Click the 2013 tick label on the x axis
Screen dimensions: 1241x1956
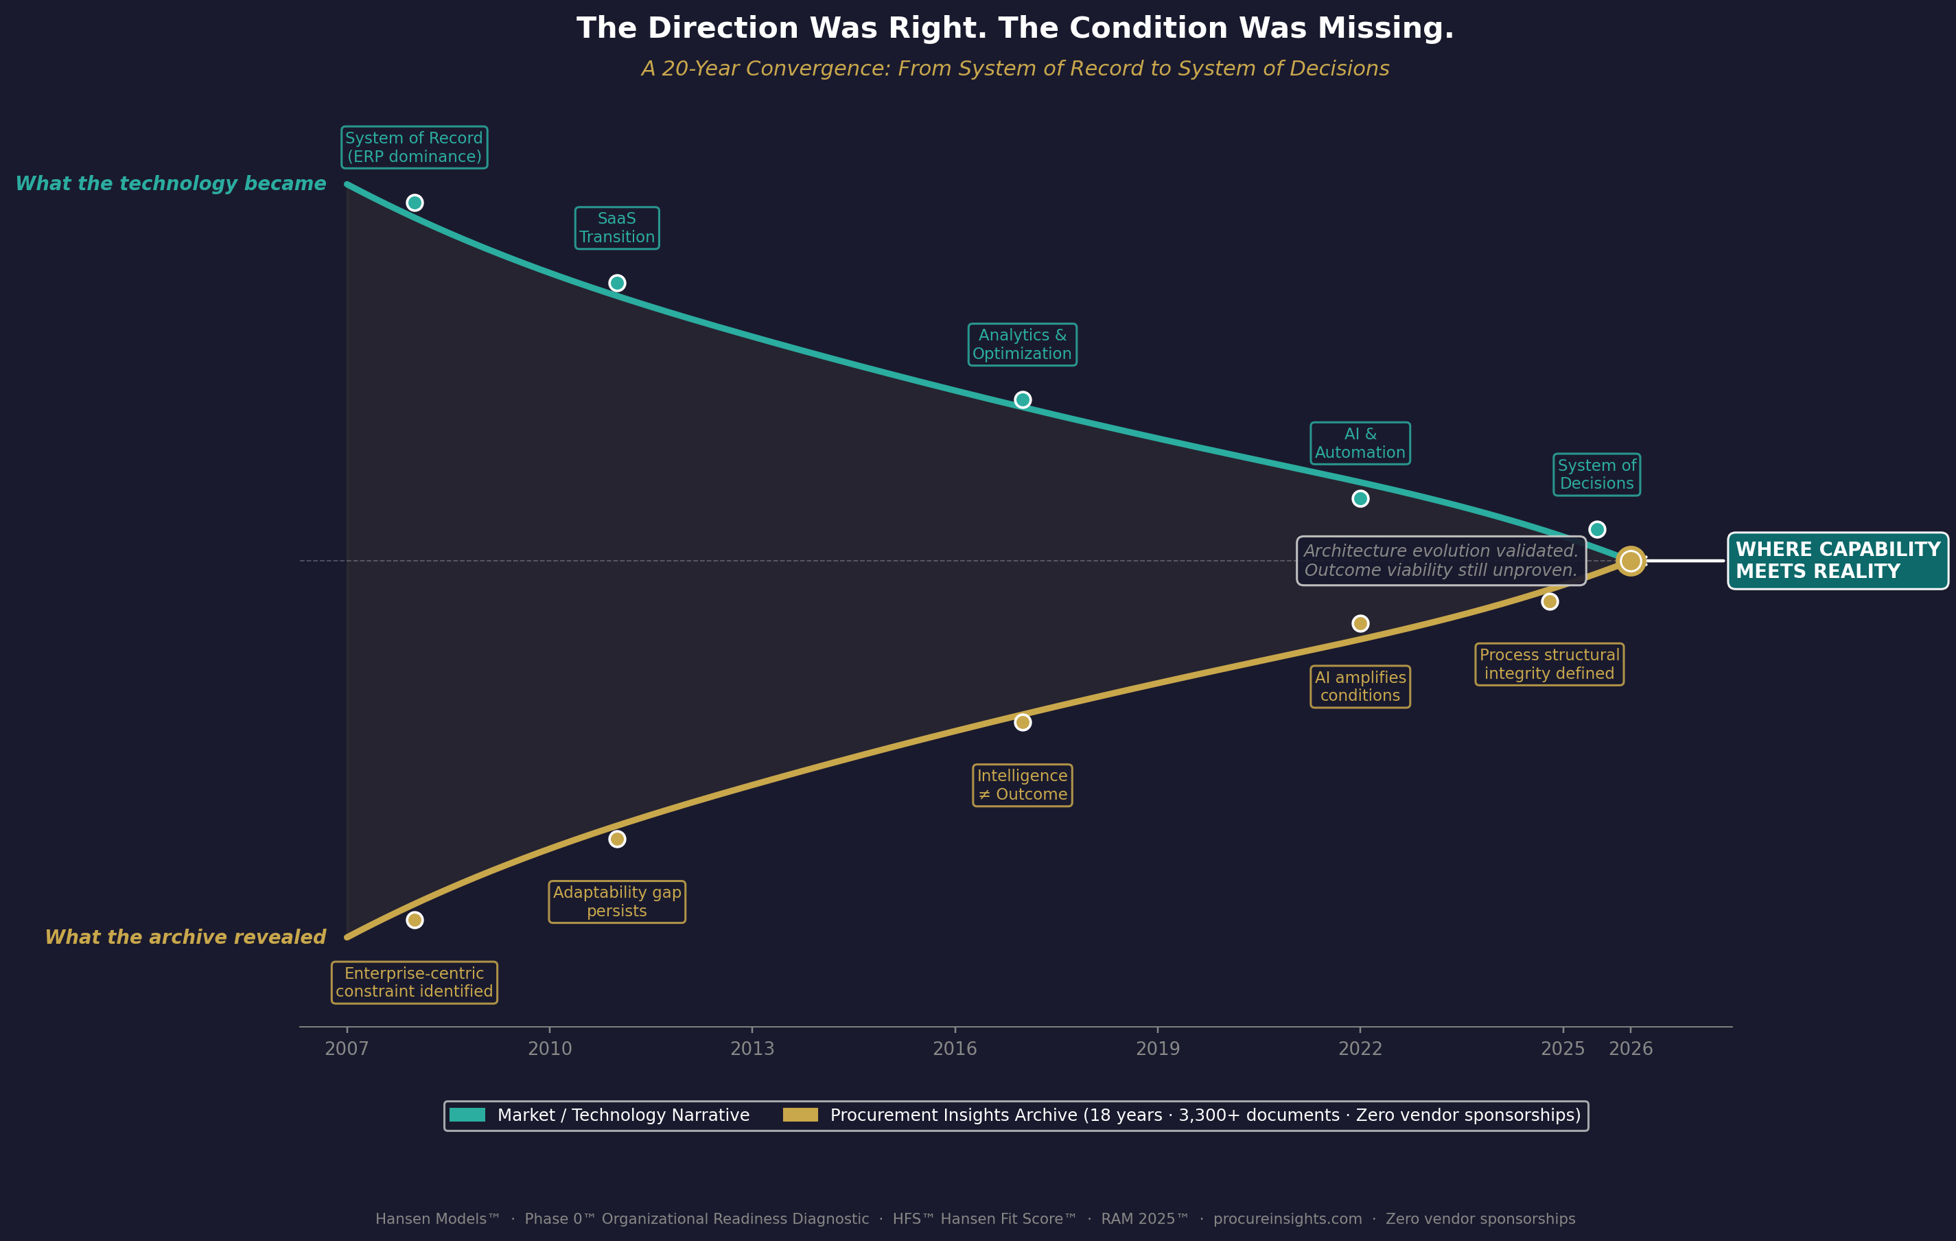(x=752, y=1049)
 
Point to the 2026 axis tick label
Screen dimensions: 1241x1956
(x=1630, y=1049)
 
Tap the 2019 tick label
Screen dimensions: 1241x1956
(x=1158, y=1049)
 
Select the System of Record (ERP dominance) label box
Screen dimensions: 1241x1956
(x=415, y=147)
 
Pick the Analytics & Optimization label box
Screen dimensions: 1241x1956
(x=1022, y=345)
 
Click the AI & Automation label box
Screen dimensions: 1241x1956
(x=1360, y=443)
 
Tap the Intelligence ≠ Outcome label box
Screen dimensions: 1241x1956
(x=1022, y=785)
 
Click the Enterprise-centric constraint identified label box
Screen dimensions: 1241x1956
(x=415, y=983)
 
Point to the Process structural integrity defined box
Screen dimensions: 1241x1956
(x=1549, y=664)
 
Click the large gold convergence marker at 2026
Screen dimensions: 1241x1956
(x=1630, y=560)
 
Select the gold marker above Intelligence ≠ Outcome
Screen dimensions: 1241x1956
(x=1023, y=722)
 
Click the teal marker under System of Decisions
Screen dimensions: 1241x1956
(x=1597, y=529)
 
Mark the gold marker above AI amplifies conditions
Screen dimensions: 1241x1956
(x=1360, y=623)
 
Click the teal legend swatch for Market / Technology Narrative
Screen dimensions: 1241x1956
(x=467, y=1115)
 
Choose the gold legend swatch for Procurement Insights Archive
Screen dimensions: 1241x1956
(x=800, y=1115)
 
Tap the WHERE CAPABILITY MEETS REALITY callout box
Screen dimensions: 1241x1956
(x=1837, y=560)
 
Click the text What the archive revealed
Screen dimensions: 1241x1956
(x=185, y=937)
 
